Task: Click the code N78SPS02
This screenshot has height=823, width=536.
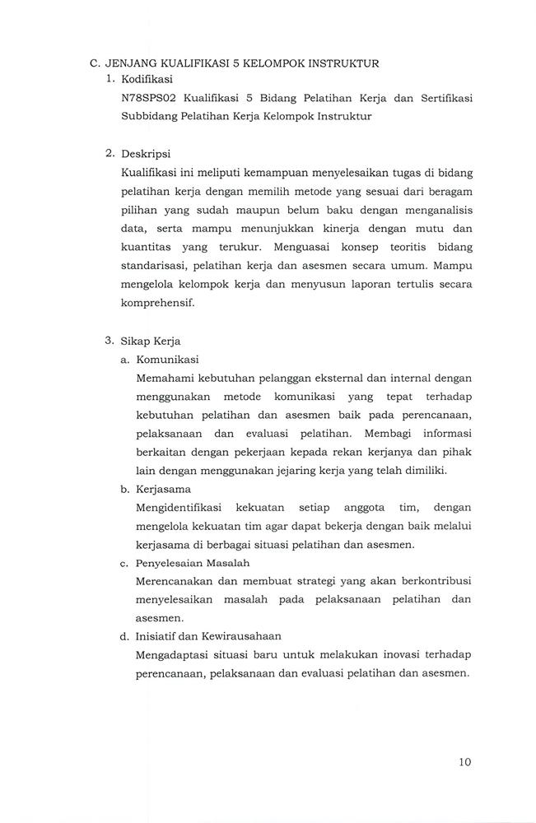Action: [148, 98]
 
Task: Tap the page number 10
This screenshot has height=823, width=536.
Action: [464, 761]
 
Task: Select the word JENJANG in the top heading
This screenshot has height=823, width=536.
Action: [135, 62]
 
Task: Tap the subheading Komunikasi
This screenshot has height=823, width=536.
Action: [168, 359]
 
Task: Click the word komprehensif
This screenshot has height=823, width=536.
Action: [157, 302]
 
